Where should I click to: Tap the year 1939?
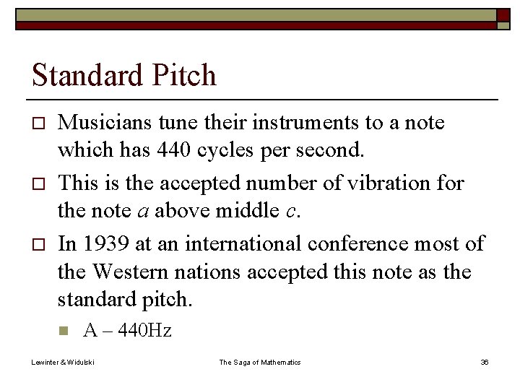105,243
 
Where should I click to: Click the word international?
243,243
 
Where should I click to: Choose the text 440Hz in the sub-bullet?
145,331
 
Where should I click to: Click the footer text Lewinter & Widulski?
62,362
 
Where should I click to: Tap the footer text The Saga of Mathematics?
260,362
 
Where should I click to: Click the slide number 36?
485,362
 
